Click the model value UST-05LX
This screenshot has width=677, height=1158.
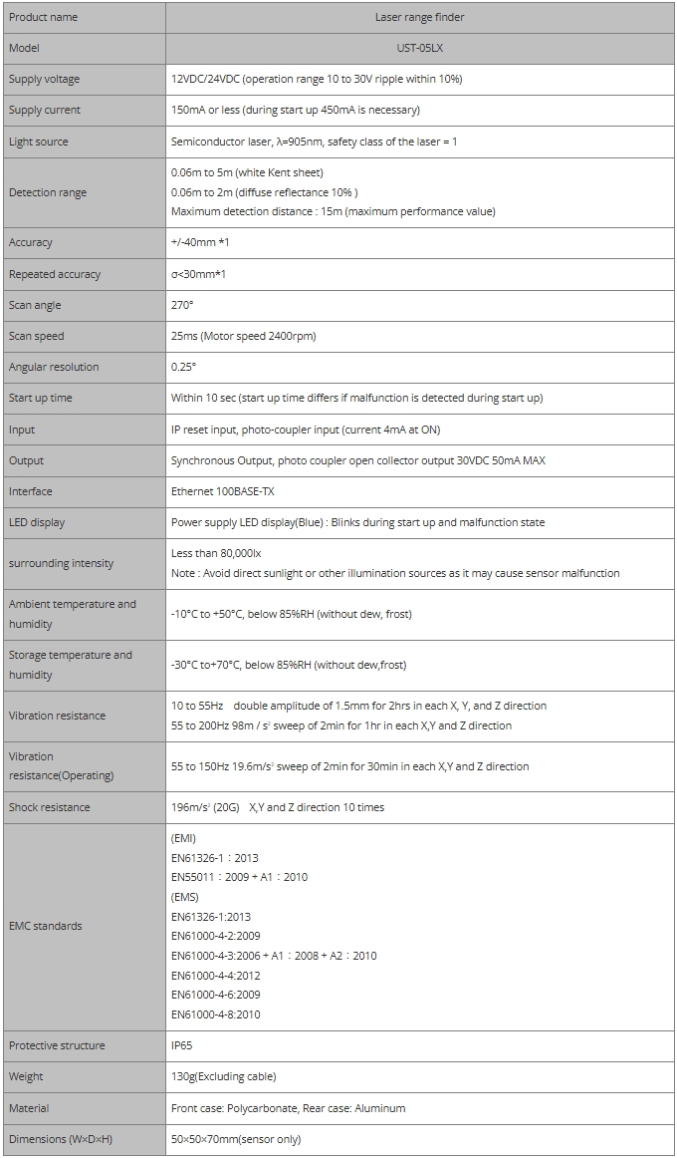coord(419,48)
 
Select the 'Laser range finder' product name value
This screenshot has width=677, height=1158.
coord(419,17)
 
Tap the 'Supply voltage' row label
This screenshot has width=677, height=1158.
coord(44,79)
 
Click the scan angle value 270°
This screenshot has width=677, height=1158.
coord(182,305)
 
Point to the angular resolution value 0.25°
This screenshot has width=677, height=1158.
coord(184,367)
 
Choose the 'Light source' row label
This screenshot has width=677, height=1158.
coord(39,142)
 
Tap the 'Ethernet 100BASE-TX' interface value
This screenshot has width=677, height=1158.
coord(221,491)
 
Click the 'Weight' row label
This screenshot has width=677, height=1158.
coord(26,1076)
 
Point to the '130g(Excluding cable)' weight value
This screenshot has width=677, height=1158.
coord(223,1076)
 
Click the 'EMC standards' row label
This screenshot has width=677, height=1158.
coord(46,926)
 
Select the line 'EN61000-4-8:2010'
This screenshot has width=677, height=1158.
coord(216,1014)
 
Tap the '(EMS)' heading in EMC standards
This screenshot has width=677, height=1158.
coord(184,897)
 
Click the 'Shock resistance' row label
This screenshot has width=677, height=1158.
coord(49,807)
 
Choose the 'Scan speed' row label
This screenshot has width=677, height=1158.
coord(37,336)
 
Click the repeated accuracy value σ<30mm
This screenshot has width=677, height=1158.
coord(199,274)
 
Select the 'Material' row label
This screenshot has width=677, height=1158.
coord(29,1108)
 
